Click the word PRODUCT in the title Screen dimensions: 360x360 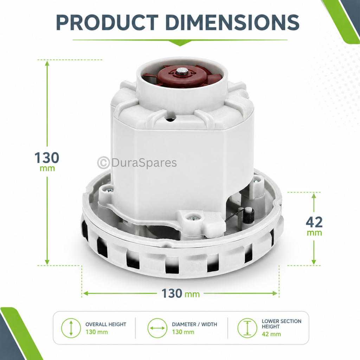[108, 22]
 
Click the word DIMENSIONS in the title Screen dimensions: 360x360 [232, 22]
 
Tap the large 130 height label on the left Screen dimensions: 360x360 [47, 158]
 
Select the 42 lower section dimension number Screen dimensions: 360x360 [314, 222]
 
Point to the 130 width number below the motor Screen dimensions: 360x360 [172, 293]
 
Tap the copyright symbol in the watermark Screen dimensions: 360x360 [103, 162]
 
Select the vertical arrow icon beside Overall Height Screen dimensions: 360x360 [71, 328]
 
